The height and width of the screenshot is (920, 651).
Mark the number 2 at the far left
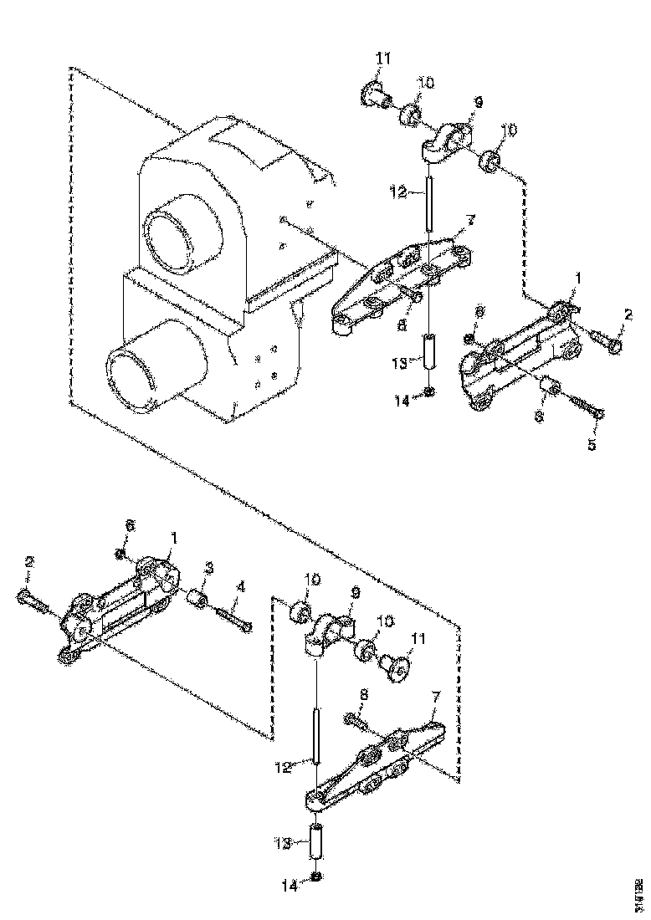tap(30, 563)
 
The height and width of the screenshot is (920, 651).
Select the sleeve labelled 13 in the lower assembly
tap(318, 842)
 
